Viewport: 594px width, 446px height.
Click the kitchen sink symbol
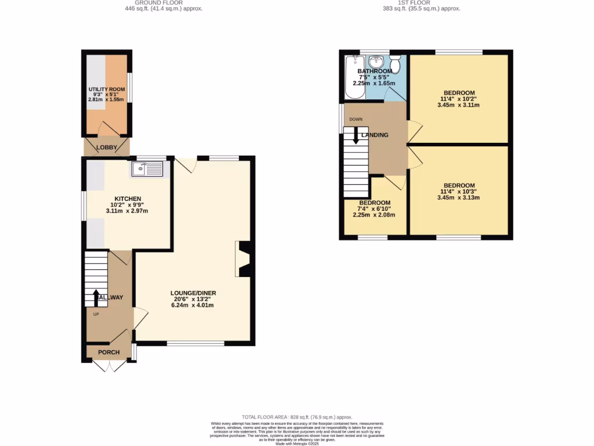pos(148,169)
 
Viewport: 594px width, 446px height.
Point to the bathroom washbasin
pos(377,61)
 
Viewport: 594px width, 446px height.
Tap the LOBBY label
pos(106,148)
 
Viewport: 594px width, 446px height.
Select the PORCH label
pos(108,353)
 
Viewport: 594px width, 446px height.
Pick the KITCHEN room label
pos(128,199)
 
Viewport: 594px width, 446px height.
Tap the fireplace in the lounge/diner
pos(243,258)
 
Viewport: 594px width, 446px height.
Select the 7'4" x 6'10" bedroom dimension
pos(374,208)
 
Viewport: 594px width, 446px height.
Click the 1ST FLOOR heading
pos(414,3)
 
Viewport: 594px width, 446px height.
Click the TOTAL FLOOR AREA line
pos(297,417)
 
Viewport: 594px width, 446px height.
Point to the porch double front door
pos(109,366)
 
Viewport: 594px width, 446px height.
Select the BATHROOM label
pos(374,71)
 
